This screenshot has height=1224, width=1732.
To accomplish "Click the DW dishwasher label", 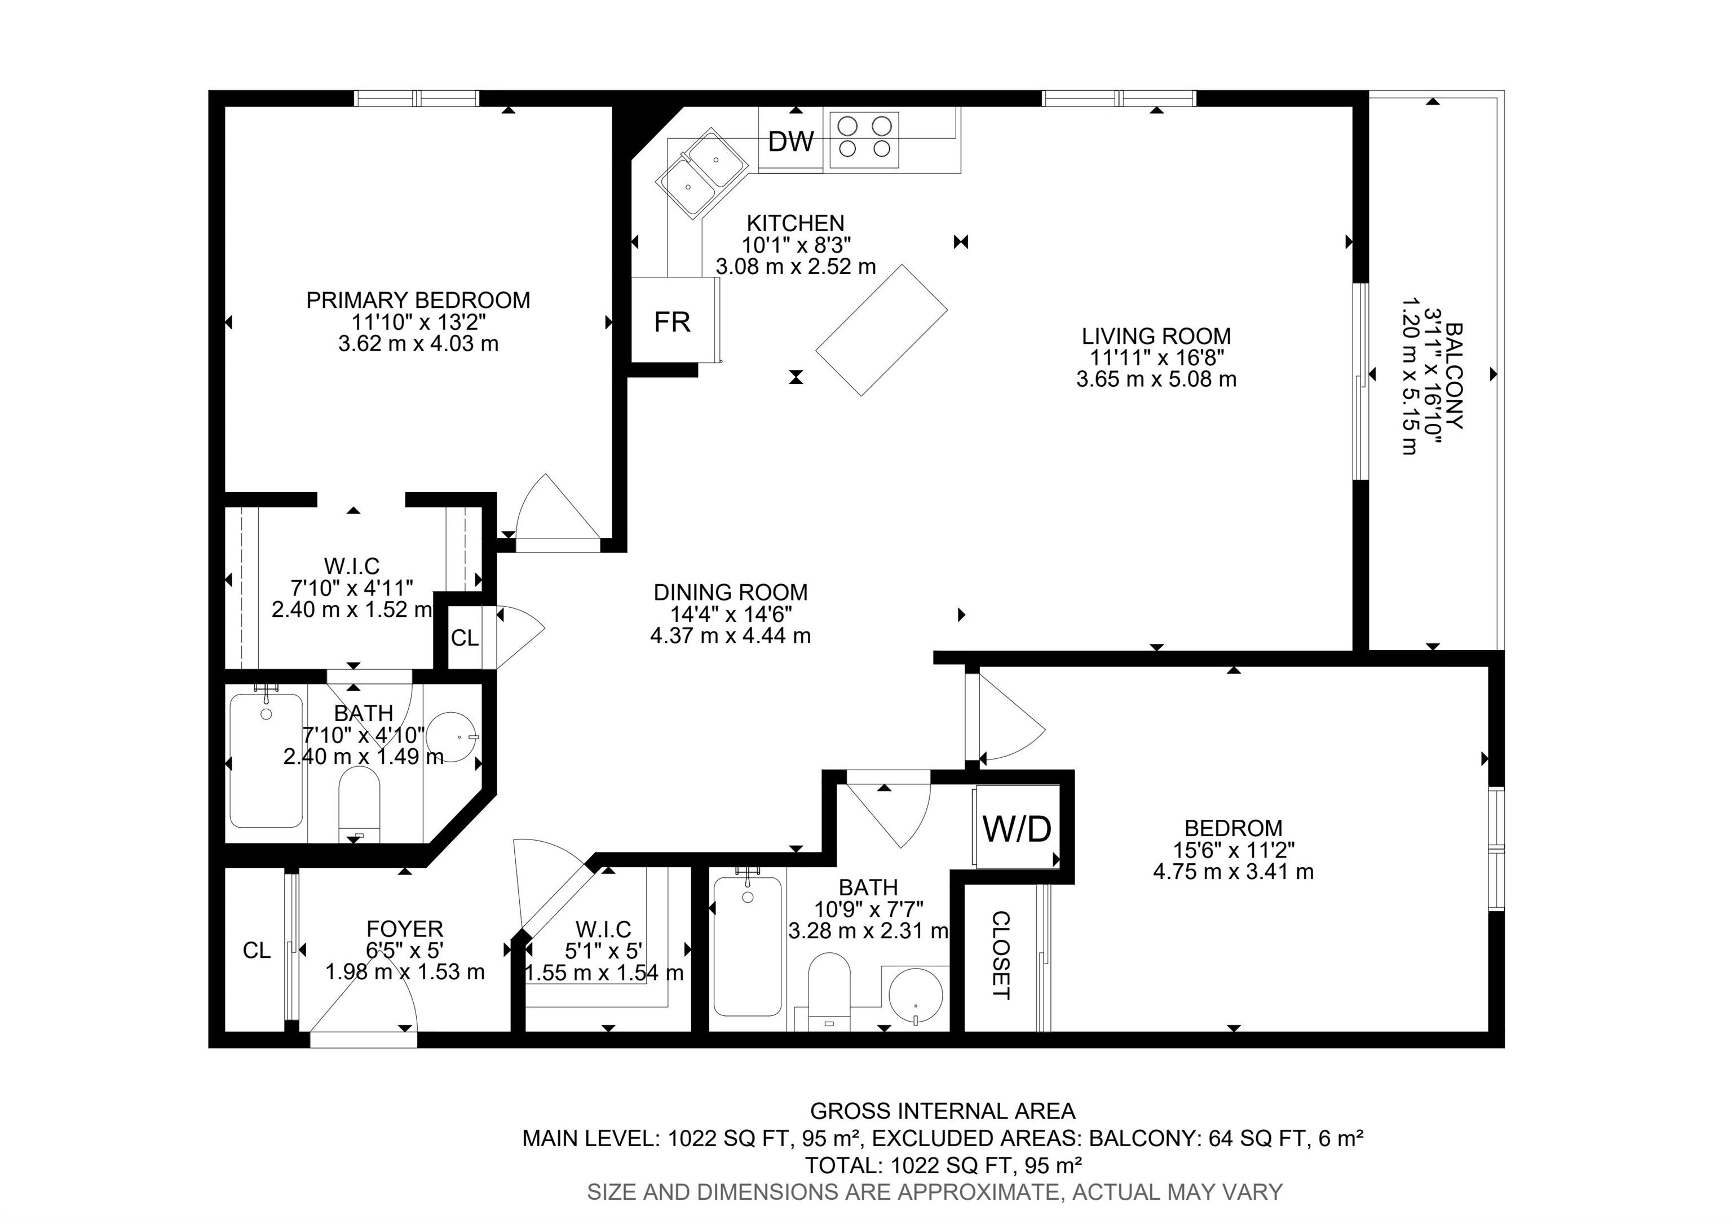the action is click(792, 141).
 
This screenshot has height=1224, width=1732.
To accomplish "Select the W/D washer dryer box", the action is click(1017, 827).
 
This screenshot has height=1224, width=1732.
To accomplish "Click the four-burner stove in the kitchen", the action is click(864, 139).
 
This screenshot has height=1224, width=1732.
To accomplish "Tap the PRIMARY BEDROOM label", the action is click(418, 300).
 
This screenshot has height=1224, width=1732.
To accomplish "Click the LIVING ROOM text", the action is click(1156, 335).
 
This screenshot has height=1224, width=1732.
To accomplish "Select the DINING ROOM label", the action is click(730, 592).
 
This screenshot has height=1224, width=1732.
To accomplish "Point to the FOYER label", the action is click(404, 929).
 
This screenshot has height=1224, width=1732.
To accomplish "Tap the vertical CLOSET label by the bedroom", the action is click(1000, 956).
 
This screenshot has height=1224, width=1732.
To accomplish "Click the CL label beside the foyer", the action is click(257, 950).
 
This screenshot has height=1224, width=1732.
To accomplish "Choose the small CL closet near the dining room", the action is click(465, 638).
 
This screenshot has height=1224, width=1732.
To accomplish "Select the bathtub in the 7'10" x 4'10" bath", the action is click(266, 760).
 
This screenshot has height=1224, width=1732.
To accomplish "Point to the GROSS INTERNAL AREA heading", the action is click(942, 1111).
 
